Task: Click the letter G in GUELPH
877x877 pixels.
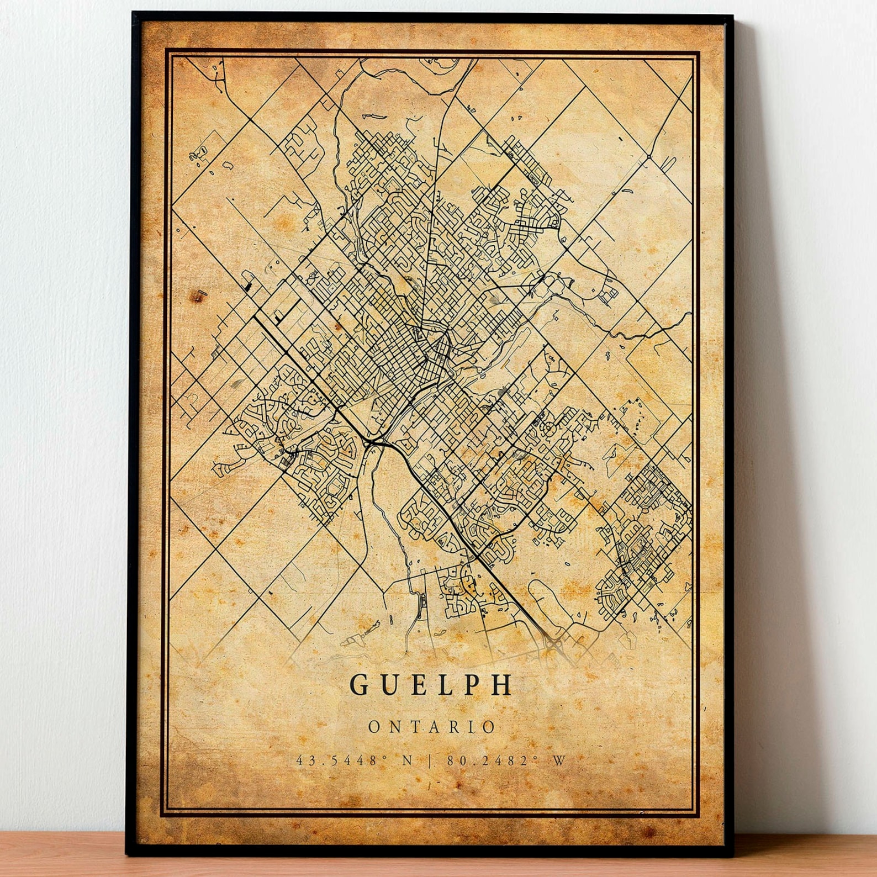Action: coord(360,685)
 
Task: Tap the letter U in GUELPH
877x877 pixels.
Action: coord(391,685)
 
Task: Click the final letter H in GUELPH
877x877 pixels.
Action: coord(503,685)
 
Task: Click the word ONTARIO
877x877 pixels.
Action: coord(432,727)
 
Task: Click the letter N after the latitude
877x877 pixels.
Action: coord(408,760)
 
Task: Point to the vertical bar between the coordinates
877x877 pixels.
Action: coord(430,760)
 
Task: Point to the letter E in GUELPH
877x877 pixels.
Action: coord(420,685)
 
